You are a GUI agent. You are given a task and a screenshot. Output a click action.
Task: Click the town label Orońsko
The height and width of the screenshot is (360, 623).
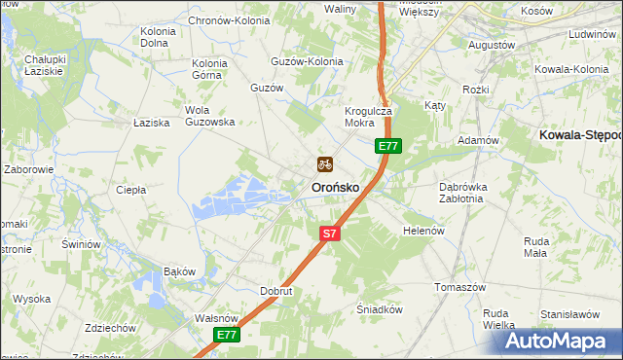pyautogui.click(x=335, y=187)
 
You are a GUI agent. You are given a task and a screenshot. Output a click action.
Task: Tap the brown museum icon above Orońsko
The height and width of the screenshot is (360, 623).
pyautogui.click(x=325, y=164)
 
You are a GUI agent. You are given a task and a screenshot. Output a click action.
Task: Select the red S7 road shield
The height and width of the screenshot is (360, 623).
pyautogui.click(x=330, y=234)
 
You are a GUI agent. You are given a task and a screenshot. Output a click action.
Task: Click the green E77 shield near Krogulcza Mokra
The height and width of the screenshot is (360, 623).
pyautogui.click(x=388, y=146)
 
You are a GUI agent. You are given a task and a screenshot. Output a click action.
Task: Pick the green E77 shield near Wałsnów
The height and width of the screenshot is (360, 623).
pyautogui.click(x=227, y=335)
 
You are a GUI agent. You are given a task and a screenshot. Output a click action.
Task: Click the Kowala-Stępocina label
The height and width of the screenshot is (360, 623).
pyautogui.click(x=580, y=138)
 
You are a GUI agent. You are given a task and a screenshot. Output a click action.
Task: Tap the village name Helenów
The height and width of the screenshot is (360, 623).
pyautogui.click(x=423, y=231)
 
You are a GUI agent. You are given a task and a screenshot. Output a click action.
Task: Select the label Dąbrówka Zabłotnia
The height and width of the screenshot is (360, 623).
pyautogui.click(x=448, y=192)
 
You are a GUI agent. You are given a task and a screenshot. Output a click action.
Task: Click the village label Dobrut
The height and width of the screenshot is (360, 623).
pyautogui.click(x=276, y=291)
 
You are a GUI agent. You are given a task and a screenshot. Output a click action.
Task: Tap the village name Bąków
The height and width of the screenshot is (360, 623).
pyautogui.click(x=180, y=270)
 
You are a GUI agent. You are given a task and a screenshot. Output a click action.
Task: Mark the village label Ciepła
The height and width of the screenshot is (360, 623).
pyautogui.click(x=130, y=190)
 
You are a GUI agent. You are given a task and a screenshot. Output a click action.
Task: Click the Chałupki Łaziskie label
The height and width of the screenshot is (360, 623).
pyautogui.click(x=44, y=65)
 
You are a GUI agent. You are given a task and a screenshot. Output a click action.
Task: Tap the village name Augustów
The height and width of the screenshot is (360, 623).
pyautogui.click(x=492, y=45)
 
